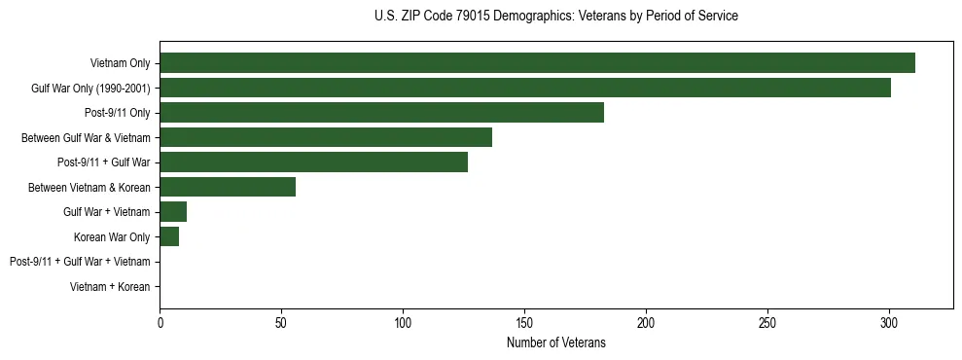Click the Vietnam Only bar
537,63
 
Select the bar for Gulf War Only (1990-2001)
525,89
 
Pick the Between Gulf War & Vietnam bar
326,137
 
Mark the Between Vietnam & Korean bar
228,187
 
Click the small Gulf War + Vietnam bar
173,212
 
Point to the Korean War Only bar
169,236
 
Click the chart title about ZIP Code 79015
555,16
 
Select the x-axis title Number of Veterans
555,342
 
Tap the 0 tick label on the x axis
160,321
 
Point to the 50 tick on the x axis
281,321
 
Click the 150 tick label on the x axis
524,321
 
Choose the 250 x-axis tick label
767,321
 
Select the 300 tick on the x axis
889,321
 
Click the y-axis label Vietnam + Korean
110,287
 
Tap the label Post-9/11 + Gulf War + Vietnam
80,262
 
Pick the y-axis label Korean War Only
112,236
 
